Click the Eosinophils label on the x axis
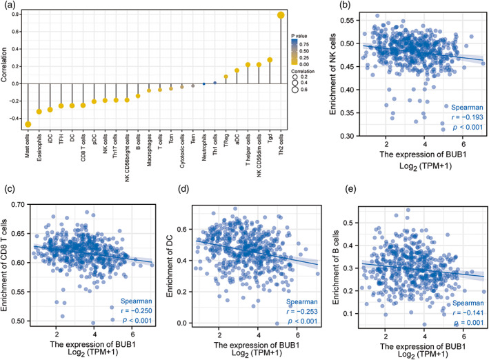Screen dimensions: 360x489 coord(39,148)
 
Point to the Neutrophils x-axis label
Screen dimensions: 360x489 coord(203,147)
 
